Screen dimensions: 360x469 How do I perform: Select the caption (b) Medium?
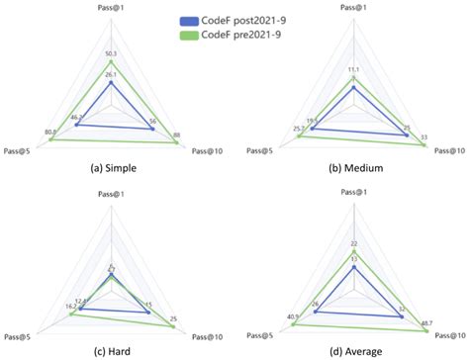[355, 167]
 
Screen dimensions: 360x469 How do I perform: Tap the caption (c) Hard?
[111, 349]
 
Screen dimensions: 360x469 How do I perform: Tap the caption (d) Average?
[355, 349]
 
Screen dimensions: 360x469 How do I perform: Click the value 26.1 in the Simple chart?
[111, 75]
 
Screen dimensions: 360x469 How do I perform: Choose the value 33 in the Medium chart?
[424, 136]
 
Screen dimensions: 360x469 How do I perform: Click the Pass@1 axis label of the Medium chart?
[354, 8]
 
